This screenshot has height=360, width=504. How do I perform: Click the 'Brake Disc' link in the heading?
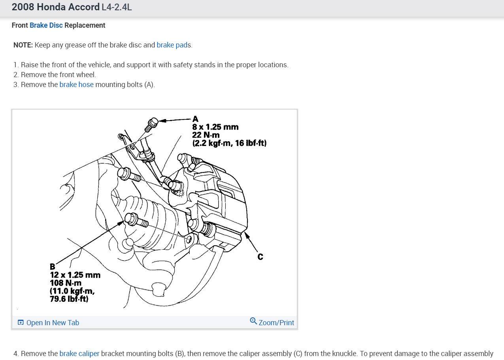click(46, 25)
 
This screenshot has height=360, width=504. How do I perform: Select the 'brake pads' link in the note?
click(174, 45)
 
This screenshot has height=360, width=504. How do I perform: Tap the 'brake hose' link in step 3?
click(76, 85)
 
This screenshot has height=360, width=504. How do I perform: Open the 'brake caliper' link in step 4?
click(79, 354)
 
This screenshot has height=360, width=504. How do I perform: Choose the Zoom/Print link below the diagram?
click(276, 323)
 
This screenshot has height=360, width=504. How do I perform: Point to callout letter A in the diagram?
click(195, 119)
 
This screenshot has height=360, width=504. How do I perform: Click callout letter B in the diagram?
click(52, 267)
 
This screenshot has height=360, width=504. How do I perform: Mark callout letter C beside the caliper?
click(260, 257)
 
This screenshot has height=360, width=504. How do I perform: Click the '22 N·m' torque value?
click(206, 135)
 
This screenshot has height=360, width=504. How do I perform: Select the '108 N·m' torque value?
click(66, 283)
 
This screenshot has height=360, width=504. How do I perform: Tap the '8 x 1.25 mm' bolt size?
click(215, 127)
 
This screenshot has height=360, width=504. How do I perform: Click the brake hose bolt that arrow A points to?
click(152, 124)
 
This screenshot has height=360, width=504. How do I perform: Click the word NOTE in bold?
click(23, 45)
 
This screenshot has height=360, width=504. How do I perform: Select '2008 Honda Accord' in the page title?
click(56, 8)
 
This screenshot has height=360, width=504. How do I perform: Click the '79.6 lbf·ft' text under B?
click(69, 299)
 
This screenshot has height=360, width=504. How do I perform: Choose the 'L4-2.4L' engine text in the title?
click(117, 8)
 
